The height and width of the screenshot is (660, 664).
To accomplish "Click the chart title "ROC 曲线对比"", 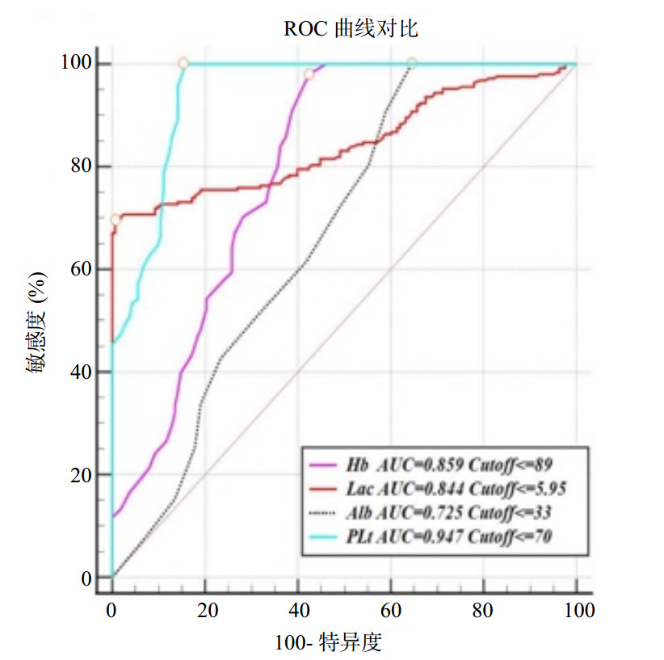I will pos(351,29).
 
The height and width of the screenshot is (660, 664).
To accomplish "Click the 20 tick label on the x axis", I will pos(206,610).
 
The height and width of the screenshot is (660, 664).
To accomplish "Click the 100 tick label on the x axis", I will pos(577,610).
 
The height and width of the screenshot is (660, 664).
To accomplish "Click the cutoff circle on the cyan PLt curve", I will pos(183,63).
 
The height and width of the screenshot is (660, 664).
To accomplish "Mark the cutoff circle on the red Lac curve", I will pos(116,219).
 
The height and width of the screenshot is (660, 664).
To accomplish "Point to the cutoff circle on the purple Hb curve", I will pos(309,74).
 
